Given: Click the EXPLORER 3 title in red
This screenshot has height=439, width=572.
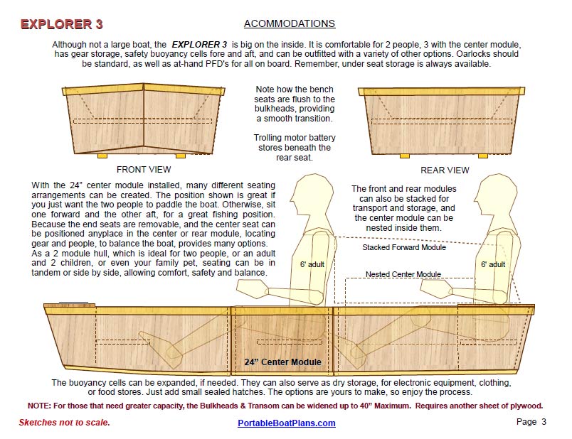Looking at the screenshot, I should [61, 24].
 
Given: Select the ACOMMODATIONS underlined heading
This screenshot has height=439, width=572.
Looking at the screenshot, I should [289, 24].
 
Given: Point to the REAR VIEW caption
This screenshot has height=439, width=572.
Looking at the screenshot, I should [445, 170].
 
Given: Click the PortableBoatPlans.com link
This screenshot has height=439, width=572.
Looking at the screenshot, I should [286, 423].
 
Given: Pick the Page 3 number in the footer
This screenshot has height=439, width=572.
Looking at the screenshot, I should [531, 422].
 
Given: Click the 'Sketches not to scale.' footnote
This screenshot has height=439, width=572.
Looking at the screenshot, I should [65, 423].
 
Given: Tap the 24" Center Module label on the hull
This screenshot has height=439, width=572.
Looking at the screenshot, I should [282, 362].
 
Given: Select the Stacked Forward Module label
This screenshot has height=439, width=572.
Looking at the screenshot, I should [404, 248].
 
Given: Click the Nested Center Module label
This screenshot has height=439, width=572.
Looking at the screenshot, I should [403, 274].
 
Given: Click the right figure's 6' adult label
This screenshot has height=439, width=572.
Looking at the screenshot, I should [492, 264].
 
